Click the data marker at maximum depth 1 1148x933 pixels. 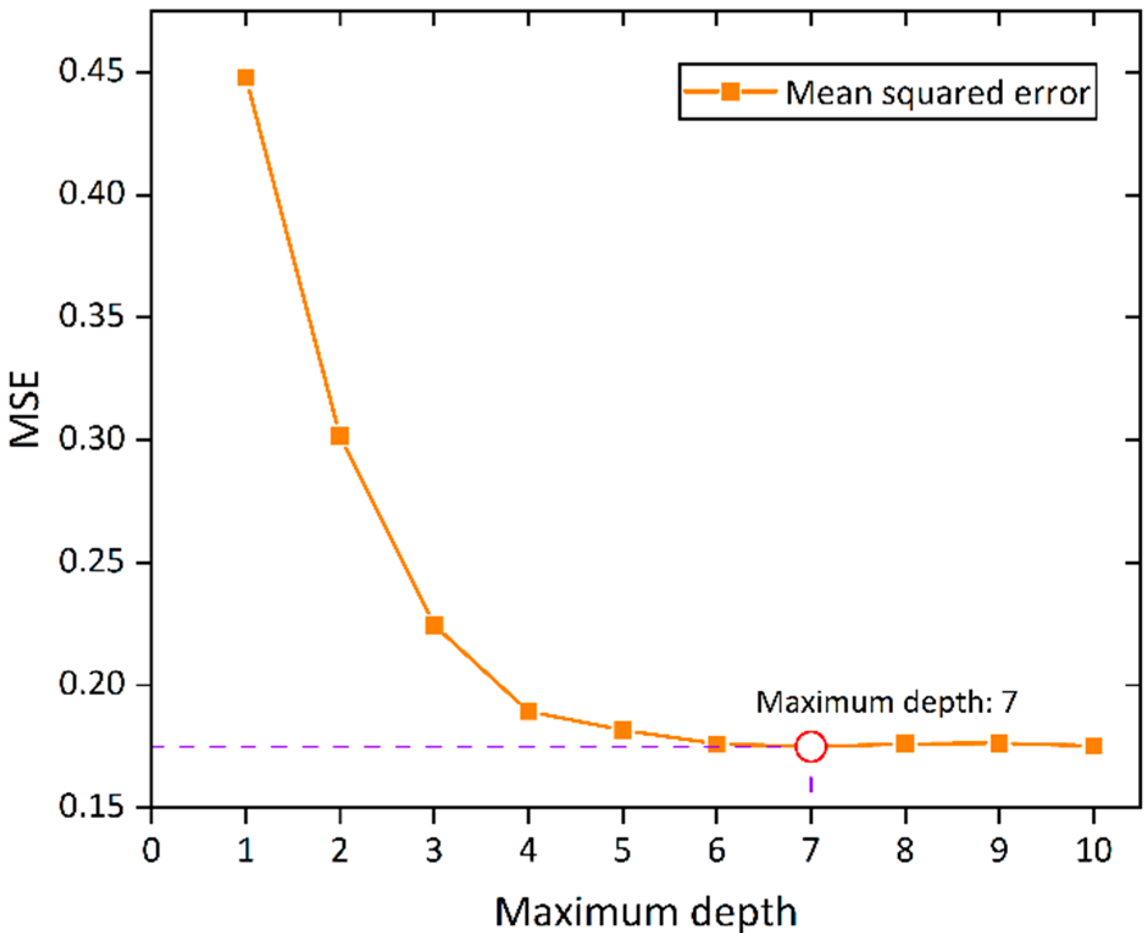point(246,77)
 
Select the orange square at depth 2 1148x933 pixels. point(340,436)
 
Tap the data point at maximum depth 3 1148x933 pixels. point(434,625)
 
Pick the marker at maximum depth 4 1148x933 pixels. point(529,711)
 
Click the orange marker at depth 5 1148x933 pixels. point(622,729)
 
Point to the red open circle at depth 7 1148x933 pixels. point(811,746)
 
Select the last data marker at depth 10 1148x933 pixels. point(1094,745)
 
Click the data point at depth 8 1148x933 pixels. point(905,743)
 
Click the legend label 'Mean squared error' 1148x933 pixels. point(938,93)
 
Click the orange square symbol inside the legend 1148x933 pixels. point(730,92)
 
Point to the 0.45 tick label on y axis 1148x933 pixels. point(91,71)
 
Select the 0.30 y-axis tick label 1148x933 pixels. point(91,438)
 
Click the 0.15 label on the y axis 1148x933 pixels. point(91,806)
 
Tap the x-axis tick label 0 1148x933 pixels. point(151,849)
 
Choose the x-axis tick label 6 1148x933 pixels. point(717,849)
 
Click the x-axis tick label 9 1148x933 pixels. point(999,849)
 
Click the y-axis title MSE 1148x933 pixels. point(26,409)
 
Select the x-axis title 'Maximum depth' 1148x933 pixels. point(646,912)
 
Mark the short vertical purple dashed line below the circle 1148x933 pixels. point(811,783)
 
